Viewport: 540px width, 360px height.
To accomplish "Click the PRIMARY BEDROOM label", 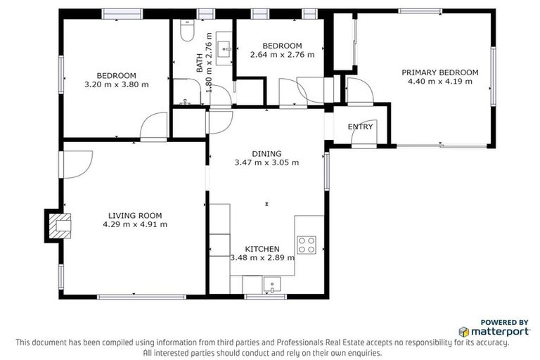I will [439, 72].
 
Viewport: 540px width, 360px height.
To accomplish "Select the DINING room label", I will [266, 153].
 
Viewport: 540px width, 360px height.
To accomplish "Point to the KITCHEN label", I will [262, 249].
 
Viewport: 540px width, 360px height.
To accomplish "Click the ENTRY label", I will [361, 127].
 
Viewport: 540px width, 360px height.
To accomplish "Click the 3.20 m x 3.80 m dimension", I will [116, 84].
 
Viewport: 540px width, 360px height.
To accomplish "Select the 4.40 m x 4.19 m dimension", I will [439, 81].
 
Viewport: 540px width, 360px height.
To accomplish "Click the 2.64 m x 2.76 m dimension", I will [278, 55].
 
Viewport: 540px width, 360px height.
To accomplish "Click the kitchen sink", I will [271, 285].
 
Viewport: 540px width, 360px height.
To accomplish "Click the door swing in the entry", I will [361, 137].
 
